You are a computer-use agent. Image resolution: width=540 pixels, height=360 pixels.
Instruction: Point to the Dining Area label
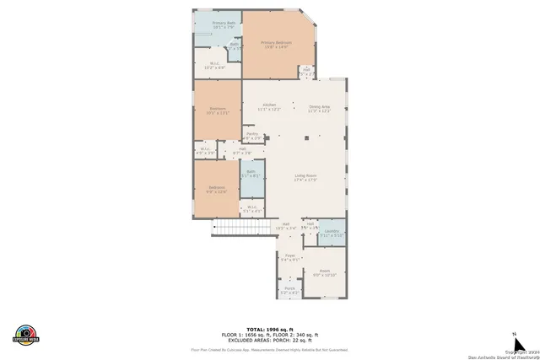319,108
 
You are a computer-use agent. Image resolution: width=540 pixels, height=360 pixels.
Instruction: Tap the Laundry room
332,233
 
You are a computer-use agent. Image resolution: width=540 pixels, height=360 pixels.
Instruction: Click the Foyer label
289,257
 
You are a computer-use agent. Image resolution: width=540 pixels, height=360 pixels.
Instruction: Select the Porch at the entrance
289,290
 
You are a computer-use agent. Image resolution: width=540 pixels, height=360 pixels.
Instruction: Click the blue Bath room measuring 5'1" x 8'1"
251,175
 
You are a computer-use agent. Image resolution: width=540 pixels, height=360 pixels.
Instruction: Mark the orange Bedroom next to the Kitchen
218,110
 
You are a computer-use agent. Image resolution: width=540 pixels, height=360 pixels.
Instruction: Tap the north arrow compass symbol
514,337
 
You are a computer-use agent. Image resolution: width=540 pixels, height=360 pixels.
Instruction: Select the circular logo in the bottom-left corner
26,334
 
